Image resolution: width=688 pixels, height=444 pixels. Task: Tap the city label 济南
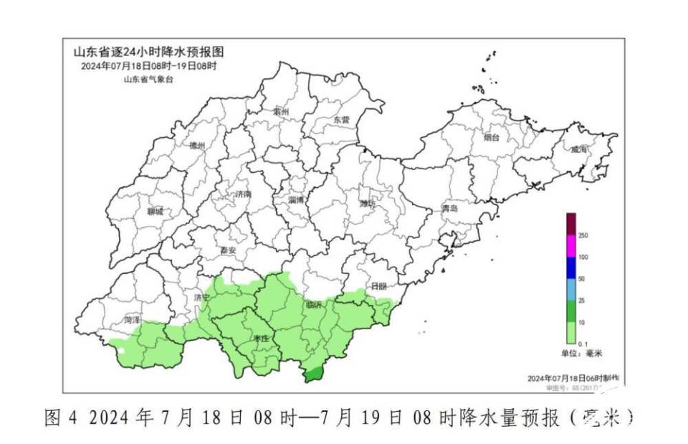tap(244, 194)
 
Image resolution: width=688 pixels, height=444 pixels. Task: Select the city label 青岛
tap(449, 208)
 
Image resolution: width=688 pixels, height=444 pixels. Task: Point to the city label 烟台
tap(491, 136)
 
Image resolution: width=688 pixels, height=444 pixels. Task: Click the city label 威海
tap(579, 149)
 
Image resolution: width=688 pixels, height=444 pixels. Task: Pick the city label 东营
tap(341, 121)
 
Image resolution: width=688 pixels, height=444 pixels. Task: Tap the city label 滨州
tap(280, 113)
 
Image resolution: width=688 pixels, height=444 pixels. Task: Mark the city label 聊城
tap(155, 212)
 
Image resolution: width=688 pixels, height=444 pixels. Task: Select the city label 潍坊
tap(367, 204)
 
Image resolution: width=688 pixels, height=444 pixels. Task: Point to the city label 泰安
tap(228, 250)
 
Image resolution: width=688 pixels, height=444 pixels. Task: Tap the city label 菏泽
tap(131, 319)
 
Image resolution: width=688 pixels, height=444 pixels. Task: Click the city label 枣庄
tap(260, 337)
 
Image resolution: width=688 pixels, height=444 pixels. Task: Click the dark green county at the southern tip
tap(312, 374)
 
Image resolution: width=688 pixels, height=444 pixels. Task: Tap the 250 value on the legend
tap(583, 235)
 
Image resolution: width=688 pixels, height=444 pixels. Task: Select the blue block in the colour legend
tap(570, 268)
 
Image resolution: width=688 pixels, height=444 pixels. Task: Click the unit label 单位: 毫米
tap(581, 354)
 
